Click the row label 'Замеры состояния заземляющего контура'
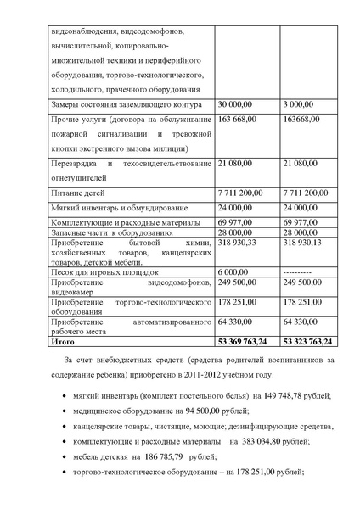[115, 103]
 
